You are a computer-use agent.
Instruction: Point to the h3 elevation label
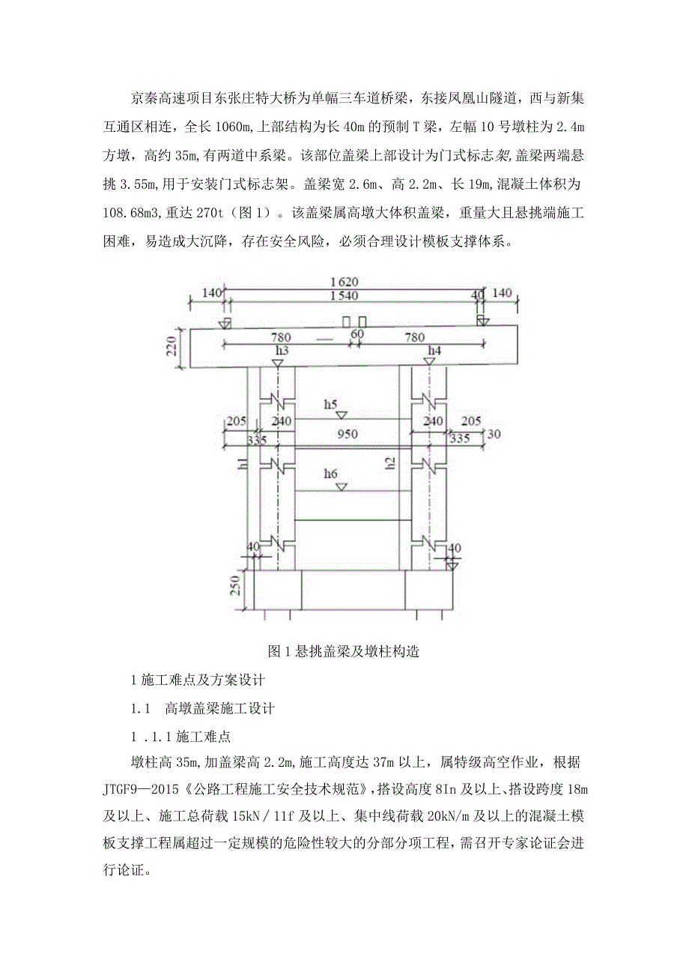[282, 350]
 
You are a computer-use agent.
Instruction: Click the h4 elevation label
[434, 350]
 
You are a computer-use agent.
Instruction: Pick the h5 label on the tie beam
[331, 404]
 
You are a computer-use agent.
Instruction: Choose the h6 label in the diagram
[331, 474]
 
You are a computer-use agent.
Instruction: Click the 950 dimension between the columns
[347, 434]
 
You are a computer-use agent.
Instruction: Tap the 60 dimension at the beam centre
[357, 333]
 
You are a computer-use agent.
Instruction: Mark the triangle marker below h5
[341, 414]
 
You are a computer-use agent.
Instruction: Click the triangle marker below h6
[341, 486]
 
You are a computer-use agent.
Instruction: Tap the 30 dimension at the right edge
[494, 434]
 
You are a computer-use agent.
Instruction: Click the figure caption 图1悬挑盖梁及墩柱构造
[344, 651]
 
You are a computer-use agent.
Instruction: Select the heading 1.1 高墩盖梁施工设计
[203, 708]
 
